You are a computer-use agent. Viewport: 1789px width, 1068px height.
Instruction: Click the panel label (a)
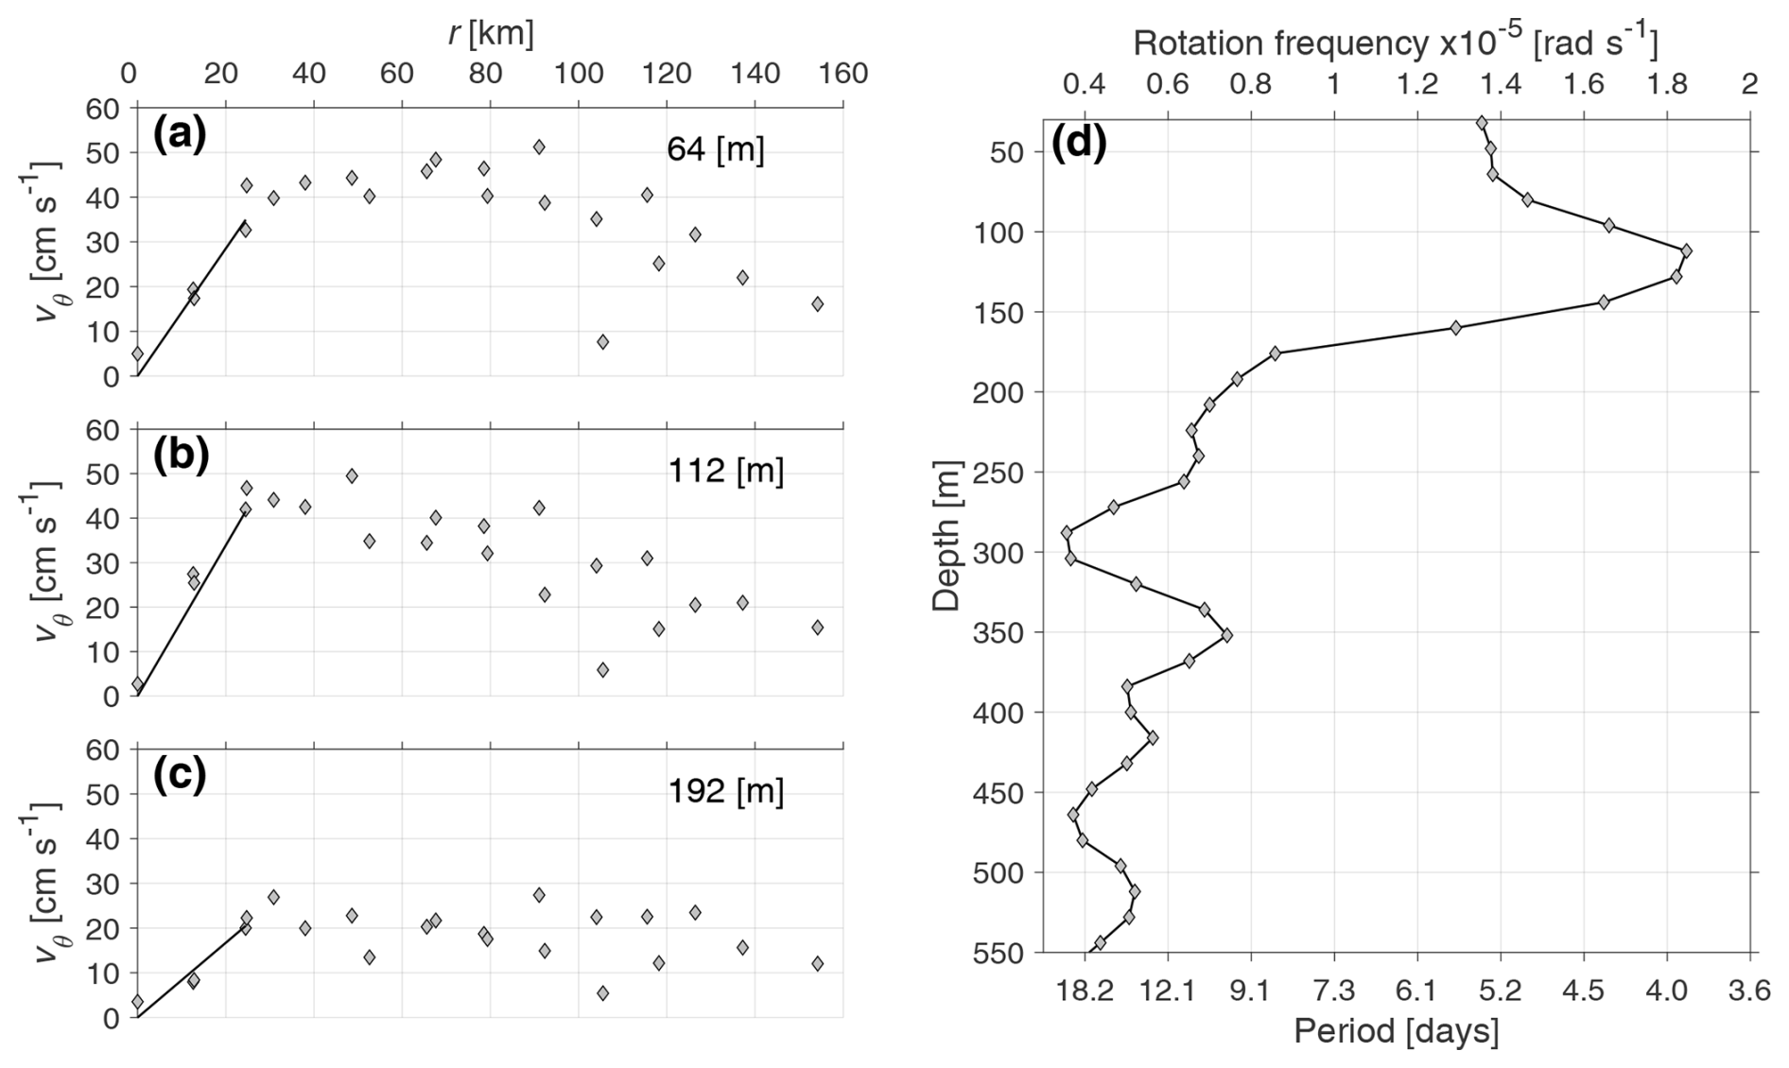point(179,137)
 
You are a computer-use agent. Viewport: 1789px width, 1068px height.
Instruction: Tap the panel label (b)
point(180,456)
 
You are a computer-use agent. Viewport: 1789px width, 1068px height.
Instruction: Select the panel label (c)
point(179,776)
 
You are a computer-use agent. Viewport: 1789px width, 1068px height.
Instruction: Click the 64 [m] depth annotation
point(715,150)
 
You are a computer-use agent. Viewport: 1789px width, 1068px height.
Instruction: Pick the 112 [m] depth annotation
point(725,470)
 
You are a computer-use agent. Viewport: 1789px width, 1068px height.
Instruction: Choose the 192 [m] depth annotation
point(725,790)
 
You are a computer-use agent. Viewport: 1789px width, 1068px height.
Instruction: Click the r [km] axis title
point(490,33)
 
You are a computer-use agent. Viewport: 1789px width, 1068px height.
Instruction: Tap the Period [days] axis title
point(1396,1031)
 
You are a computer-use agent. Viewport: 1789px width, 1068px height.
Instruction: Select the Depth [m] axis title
point(947,536)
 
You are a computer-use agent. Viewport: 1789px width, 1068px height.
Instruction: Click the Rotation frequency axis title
point(1396,42)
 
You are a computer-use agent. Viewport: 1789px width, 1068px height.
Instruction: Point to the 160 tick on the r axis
point(843,74)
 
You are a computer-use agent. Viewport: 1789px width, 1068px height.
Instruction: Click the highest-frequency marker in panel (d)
point(1686,250)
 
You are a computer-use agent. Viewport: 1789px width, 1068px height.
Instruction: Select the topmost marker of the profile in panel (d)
point(1481,123)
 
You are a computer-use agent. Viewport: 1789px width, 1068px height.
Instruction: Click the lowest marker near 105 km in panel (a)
point(602,341)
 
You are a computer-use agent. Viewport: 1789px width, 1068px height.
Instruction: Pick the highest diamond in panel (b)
point(352,475)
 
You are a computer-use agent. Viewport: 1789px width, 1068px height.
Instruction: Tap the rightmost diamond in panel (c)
point(817,963)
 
